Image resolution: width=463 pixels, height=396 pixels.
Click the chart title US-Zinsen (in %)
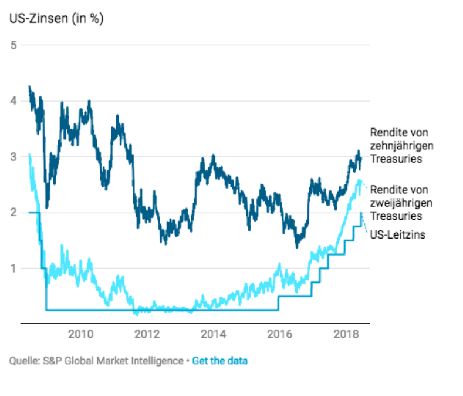click(56, 19)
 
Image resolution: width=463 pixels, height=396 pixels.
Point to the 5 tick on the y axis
click(13, 45)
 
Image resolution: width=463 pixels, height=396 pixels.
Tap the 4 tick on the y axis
click(13, 101)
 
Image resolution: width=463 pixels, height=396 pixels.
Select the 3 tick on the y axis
click(13, 157)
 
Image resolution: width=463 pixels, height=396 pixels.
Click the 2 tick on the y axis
click(13, 213)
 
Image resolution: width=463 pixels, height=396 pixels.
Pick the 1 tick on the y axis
click(13, 269)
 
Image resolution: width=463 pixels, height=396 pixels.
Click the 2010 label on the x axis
click(81, 335)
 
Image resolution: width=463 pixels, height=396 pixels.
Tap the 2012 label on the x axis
click(147, 335)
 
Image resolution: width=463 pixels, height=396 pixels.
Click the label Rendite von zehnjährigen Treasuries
click(399, 146)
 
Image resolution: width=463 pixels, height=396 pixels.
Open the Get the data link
click(219, 361)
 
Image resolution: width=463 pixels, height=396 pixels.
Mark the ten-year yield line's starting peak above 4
click(29, 87)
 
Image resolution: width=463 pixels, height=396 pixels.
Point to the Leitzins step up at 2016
click(278, 303)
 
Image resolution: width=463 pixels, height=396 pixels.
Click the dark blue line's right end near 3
click(360, 157)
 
